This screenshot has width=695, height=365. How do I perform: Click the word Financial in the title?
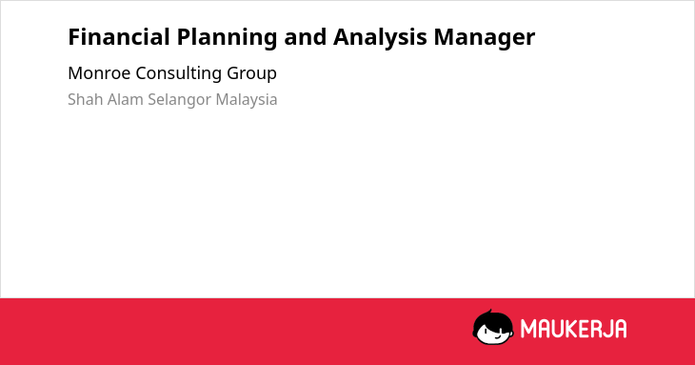119,37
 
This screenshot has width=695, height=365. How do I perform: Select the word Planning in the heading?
227,38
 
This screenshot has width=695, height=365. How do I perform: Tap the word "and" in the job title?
305,37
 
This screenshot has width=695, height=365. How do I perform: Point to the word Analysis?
380,38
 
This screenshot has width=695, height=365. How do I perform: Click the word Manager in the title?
485,38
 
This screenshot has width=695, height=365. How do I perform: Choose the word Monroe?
99,73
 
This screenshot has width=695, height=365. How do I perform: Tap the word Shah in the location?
86,99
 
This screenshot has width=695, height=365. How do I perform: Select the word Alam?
126,99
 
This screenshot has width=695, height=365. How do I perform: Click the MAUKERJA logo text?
573,329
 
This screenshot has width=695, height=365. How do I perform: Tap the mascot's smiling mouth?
497,335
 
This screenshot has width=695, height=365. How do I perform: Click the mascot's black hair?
492,320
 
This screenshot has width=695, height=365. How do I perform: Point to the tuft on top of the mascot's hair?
489,312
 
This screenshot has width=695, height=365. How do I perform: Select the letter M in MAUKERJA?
527,329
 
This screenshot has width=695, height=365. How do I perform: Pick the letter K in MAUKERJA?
573,329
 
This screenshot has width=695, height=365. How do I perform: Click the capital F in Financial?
73,37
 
